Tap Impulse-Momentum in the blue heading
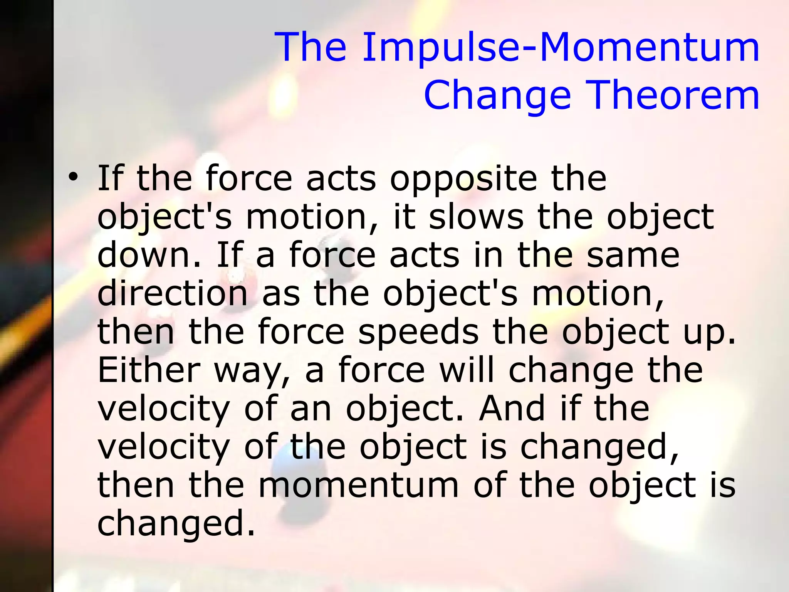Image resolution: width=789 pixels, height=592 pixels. tap(561, 47)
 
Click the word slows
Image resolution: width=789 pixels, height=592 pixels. tap(476, 217)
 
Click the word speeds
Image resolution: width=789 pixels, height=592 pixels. tap(418, 333)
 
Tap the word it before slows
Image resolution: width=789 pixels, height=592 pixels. tap(404, 217)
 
